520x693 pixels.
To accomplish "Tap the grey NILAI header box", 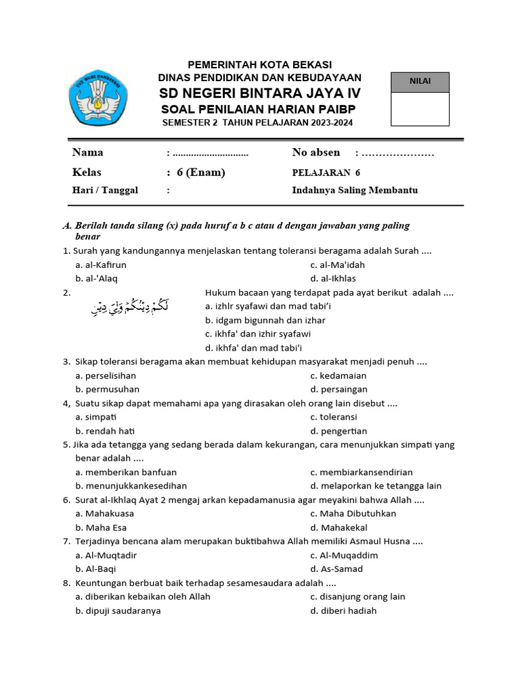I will [x=420, y=82].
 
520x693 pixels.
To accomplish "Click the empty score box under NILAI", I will [x=420, y=109].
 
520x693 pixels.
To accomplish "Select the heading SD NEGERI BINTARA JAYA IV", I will [x=261, y=93].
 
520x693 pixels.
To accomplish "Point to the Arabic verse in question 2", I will [x=129, y=308].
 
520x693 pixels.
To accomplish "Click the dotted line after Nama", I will [x=211, y=153].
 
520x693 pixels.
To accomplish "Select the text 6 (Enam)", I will [x=200, y=172].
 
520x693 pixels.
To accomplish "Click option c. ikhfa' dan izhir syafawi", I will [x=258, y=334].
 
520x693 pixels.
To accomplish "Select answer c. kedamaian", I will [x=338, y=375].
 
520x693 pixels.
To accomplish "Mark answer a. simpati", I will [x=96, y=417].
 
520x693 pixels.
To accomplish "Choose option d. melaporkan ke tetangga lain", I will [x=376, y=485].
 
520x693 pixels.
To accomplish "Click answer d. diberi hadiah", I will [x=343, y=610].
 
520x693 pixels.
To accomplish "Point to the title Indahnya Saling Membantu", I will [x=355, y=190].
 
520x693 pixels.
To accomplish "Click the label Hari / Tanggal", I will [x=105, y=190].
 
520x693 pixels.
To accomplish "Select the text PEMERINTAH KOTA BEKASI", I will [x=260, y=64].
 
